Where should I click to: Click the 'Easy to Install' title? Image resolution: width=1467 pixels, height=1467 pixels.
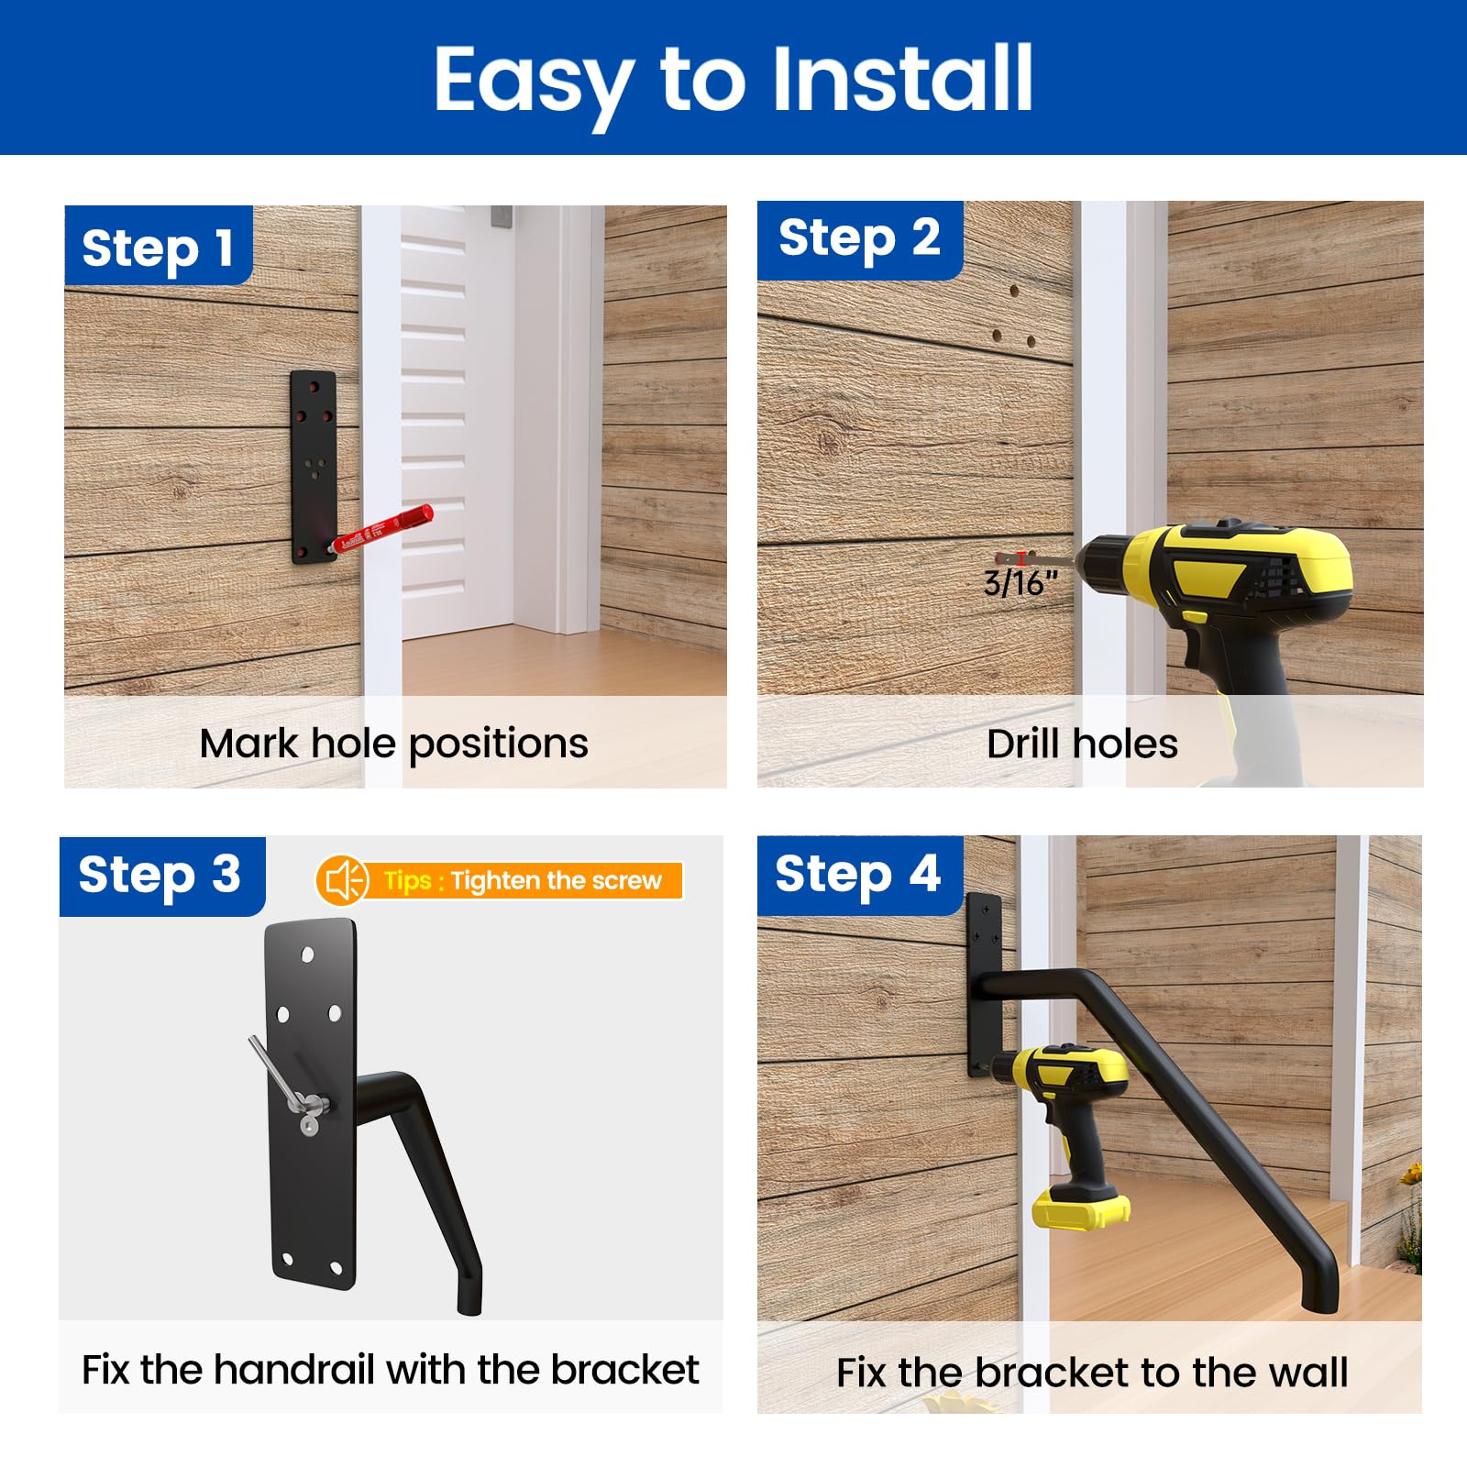click(x=733, y=81)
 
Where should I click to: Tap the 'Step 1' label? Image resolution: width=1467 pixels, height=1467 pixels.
click(x=158, y=248)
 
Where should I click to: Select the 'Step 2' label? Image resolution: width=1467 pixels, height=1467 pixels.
click(x=859, y=238)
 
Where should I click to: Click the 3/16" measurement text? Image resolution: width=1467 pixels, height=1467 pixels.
click(x=1020, y=583)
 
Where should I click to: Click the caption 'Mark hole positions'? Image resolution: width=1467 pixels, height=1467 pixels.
click(x=394, y=743)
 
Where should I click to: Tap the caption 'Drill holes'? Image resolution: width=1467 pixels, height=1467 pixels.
click(x=1082, y=744)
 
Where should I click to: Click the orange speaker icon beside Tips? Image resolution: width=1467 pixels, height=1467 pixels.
click(x=342, y=880)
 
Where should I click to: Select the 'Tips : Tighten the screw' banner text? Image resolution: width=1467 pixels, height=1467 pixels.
click(x=523, y=880)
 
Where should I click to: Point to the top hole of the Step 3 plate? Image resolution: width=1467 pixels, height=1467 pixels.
click(x=308, y=954)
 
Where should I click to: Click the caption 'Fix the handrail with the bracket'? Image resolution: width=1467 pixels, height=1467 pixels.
click(x=391, y=1370)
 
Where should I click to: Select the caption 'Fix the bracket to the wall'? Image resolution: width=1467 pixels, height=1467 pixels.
click(x=1091, y=1373)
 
